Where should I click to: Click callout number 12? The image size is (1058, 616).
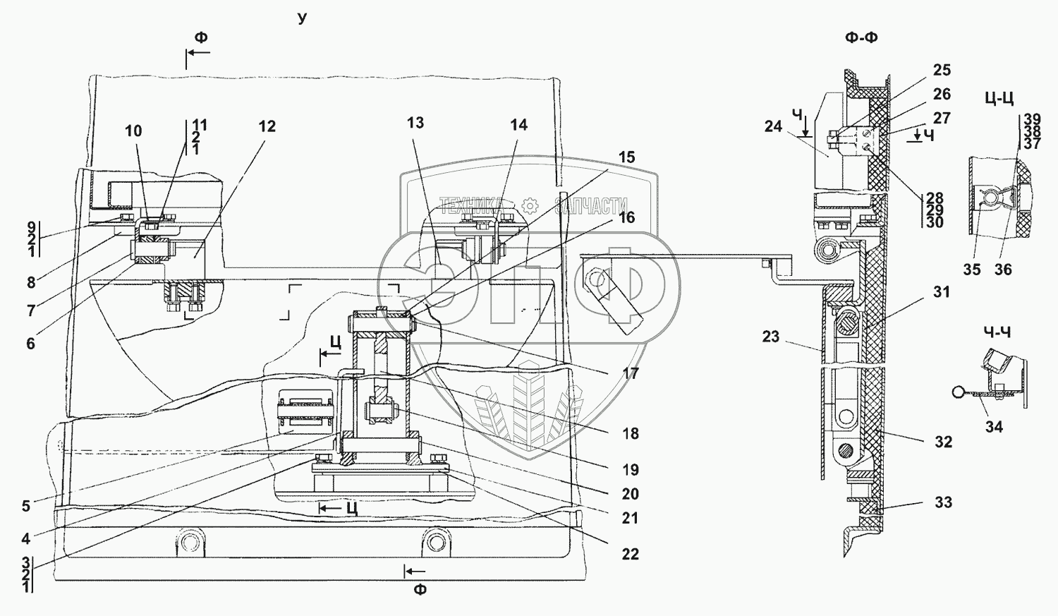267,126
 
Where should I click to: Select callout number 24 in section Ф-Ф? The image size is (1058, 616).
773,126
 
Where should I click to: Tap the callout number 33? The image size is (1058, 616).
943,502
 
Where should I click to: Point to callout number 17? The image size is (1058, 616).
630,374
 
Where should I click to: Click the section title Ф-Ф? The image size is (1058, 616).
861,38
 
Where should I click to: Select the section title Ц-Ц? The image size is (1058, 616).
999,99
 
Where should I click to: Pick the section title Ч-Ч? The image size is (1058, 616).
997,333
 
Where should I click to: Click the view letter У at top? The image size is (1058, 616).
303,18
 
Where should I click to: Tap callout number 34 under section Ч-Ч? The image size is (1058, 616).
994,427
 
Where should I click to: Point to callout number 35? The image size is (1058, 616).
972,270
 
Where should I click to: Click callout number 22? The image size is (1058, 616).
630,554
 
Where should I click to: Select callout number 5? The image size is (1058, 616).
26,507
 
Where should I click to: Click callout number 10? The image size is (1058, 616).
133,131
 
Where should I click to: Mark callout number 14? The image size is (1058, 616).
518,125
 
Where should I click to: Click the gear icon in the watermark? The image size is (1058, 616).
530,206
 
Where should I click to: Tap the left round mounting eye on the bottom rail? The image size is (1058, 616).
190,542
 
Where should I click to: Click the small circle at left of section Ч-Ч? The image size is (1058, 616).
957,392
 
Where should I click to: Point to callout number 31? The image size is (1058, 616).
942,292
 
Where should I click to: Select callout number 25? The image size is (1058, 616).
942,70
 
